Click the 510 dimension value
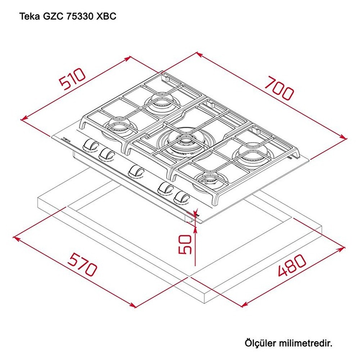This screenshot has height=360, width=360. coord(73,79)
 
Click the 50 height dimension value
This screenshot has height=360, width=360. coord(185,244)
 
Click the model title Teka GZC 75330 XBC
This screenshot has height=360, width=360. coord(67,17)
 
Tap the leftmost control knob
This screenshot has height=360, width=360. coord(90,145)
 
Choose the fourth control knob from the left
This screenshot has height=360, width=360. coord(166,188)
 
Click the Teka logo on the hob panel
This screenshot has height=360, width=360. coord(66,138)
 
